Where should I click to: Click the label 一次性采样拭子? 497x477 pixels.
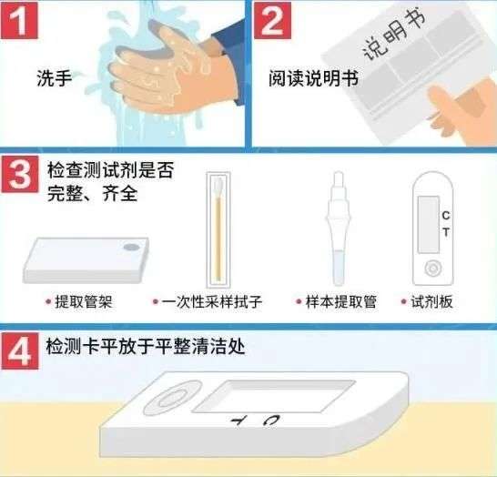pos(216,301)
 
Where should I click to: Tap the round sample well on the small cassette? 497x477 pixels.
pos(433,268)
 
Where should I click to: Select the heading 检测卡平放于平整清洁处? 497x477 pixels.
pos(145,347)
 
